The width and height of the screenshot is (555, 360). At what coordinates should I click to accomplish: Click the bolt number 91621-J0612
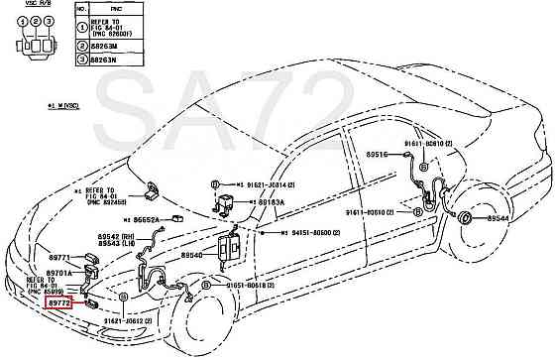[x=123, y=321]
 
